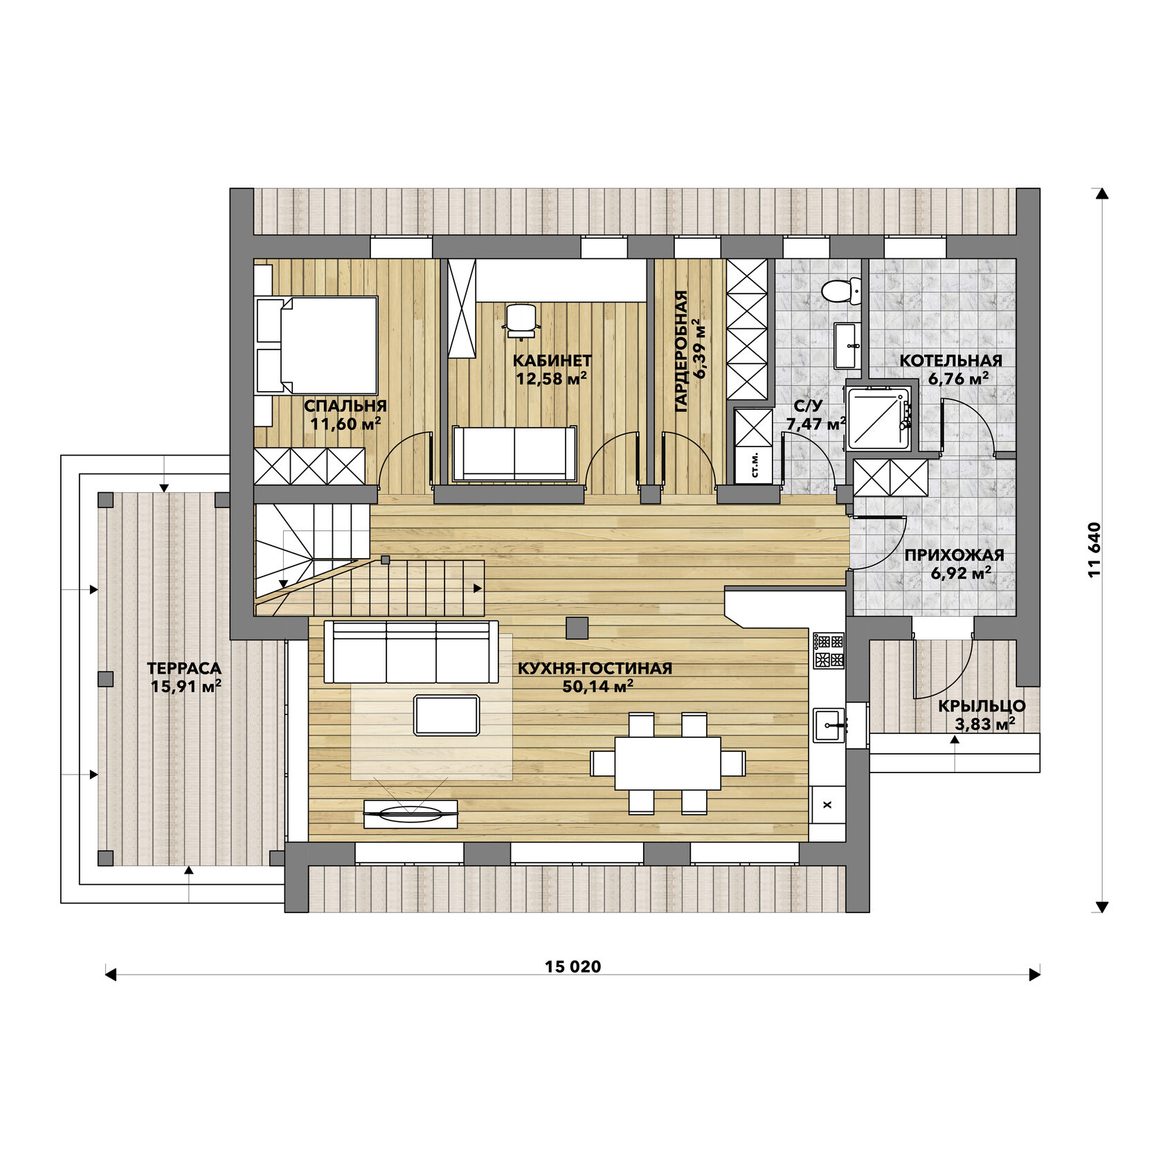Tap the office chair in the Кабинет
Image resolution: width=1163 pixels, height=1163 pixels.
tap(521, 321)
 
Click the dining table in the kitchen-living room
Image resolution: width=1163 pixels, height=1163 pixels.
tap(668, 763)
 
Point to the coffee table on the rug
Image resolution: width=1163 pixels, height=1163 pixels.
tap(447, 715)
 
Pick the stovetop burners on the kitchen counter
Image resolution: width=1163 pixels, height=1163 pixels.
tap(829, 650)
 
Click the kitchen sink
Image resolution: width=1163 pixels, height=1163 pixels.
tap(829, 725)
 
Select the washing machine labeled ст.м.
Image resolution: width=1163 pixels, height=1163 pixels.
tap(754, 466)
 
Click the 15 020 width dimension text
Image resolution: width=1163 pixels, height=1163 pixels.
tap(573, 966)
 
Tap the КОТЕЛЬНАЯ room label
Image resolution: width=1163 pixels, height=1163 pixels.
tap(951, 360)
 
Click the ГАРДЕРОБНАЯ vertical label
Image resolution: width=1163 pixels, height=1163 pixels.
tap(681, 352)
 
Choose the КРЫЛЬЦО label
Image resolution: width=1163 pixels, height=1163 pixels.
tap(982, 706)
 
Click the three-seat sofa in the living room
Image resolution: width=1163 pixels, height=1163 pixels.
tap(411, 651)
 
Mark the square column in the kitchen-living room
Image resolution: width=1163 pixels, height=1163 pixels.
tap(577, 627)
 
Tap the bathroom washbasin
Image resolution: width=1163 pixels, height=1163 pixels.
tap(847, 345)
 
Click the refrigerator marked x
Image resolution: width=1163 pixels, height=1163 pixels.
tap(827, 804)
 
